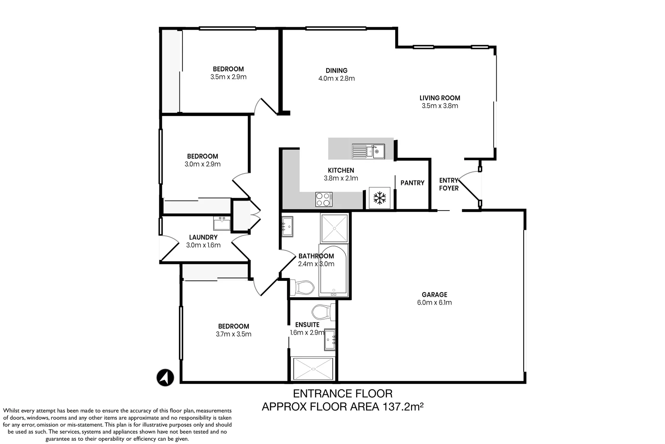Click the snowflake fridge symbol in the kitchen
tap(380, 198)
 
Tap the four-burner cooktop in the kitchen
tap(324, 199)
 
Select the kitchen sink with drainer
tap(368, 152)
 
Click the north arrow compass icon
tap(166, 378)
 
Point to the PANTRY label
tap(412, 183)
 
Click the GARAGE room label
tap(434, 295)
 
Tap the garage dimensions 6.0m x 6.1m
tap(434, 303)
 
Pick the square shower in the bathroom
tap(334, 228)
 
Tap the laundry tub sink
tap(222, 223)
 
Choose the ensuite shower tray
tap(313, 369)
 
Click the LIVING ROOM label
tap(440, 98)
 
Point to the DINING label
tap(336, 71)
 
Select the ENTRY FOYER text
tap(449, 184)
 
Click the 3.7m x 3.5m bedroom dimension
tap(234, 334)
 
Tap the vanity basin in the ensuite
tap(330, 340)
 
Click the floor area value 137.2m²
tap(403, 407)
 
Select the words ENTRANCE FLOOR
tap(343, 394)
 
